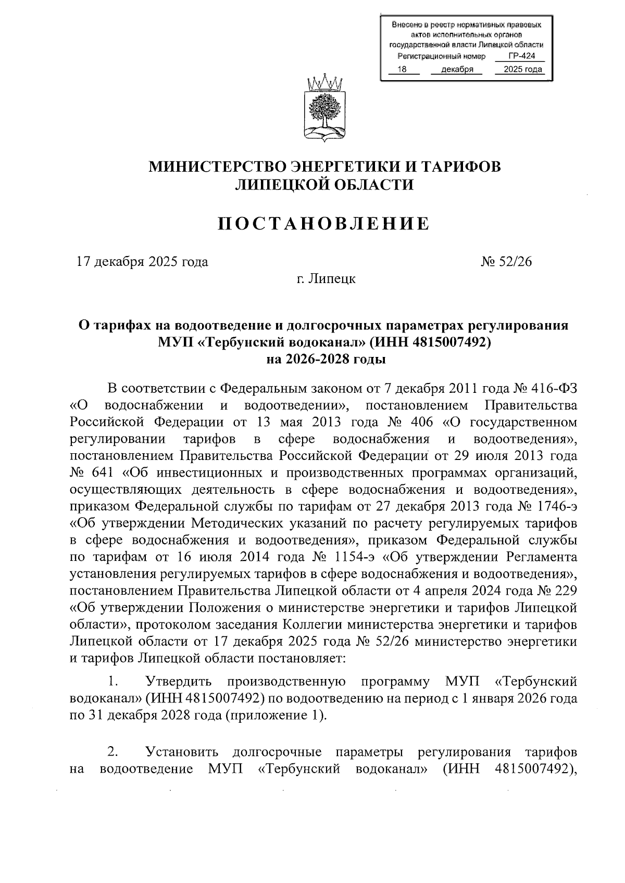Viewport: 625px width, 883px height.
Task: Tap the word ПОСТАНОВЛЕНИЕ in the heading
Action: pyautogui.click(x=323, y=223)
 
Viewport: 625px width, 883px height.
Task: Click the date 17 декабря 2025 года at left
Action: pyautogui.click(x=142, y=262)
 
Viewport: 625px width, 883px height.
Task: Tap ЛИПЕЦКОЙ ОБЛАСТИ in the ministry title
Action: pyautogui.click(x=324, y=185)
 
